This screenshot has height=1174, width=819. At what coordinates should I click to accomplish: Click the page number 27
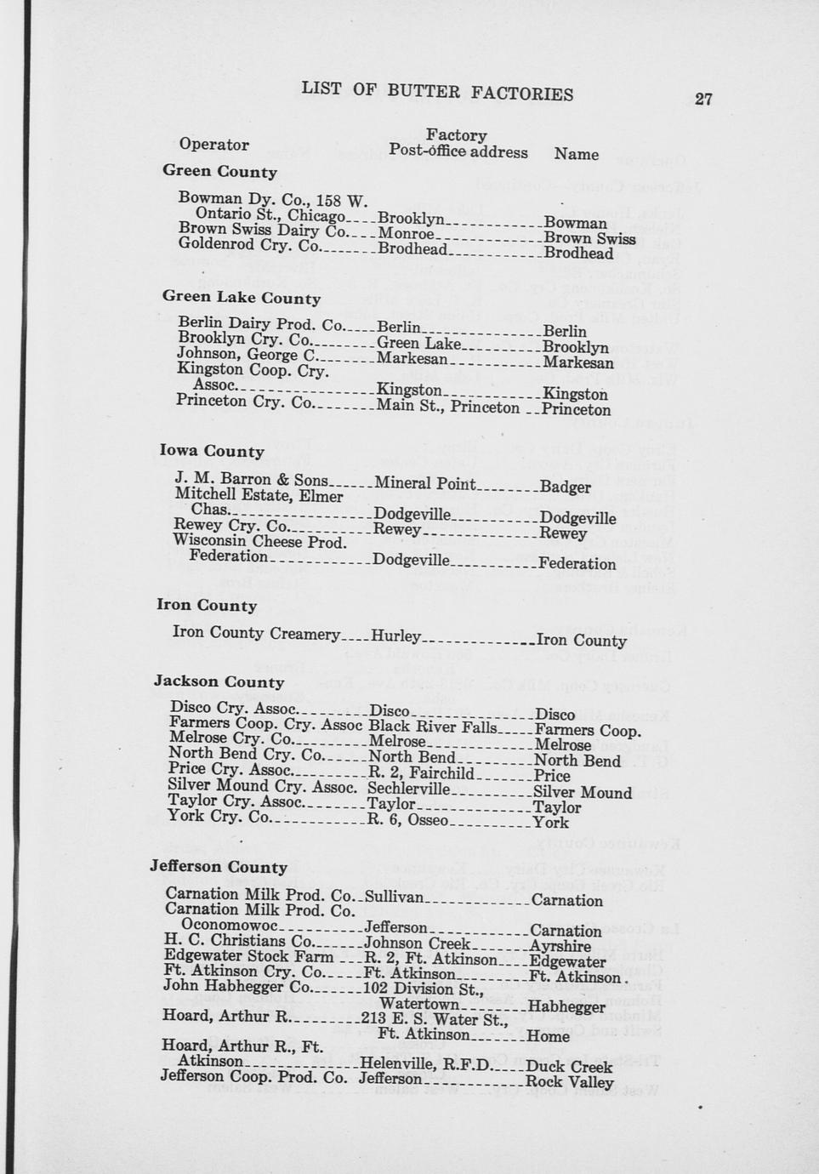coord(702,99)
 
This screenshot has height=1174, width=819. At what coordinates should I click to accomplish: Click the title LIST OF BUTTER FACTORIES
coord(437,91)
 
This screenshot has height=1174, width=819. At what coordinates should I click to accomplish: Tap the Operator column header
coord(213,145)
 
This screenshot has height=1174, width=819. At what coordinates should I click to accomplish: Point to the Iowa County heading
coord(212,451)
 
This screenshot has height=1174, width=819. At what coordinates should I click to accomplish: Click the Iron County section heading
coord(207,605)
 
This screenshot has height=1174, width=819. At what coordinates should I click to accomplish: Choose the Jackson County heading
coord(219,681)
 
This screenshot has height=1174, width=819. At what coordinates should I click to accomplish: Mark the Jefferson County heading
coord(219,867)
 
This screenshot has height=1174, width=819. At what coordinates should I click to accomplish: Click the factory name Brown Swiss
coord(589,239)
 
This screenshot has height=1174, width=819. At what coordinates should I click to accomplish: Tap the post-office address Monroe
coord(406,234)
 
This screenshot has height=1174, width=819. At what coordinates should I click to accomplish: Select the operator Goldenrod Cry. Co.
coord(248,245)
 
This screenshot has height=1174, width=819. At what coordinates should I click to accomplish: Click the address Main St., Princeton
coord(447,407)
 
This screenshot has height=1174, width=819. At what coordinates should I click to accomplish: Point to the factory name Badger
coord(565,487)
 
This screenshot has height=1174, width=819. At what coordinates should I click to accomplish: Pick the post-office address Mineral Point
coord(424,484)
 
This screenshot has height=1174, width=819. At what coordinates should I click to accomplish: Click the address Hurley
coord(395,636)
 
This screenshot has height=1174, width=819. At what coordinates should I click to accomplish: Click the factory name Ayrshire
coord(560,946)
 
